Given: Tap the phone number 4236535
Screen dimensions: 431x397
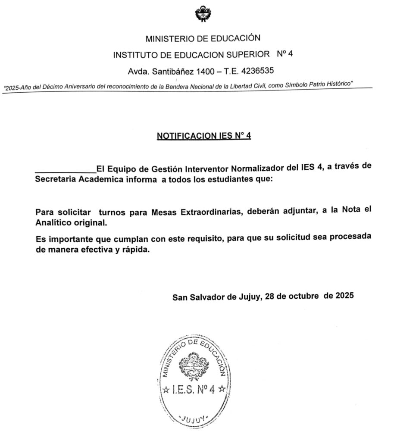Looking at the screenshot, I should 258,70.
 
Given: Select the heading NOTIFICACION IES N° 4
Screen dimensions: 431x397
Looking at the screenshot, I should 204,136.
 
